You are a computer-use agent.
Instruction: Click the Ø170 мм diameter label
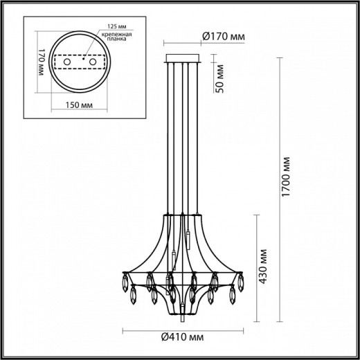point(223,37)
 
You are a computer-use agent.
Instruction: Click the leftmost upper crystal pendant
point(125,283)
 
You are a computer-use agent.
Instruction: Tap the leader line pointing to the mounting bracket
point(91,48)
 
